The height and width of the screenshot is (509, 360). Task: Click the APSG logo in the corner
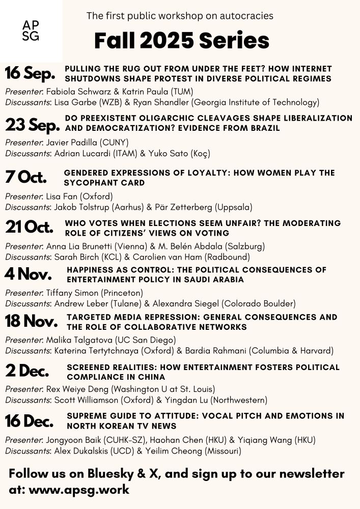click(31, 31)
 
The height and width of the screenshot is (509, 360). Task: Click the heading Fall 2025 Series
click(181, 40)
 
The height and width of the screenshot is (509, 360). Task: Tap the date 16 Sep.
click(30, 73)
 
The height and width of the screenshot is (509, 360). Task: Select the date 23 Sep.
click(32, 124)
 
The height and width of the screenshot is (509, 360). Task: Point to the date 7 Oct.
click(25, 177)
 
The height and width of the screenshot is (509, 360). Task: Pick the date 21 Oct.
click(29, 227)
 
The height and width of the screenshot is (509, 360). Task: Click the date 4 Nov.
click(28, 274)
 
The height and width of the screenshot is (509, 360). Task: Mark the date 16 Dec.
click(30, 421)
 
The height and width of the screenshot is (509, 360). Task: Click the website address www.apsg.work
click(79, 490)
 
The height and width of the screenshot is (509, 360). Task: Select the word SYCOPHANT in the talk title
click(87, 183)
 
